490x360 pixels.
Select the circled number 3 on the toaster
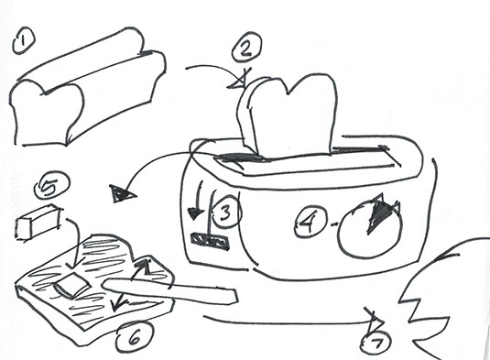(x=226, y=213)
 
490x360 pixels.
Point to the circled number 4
(x=310, y=223)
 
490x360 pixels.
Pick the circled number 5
(x=52, y=185)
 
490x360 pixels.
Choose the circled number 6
(x=134, y=337)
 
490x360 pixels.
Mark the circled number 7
(x=376, y=344)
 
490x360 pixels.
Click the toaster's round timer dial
(x=370, y=230)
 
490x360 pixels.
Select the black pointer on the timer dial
(x=379, y=215)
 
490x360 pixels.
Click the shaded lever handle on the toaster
(x=210, y=241)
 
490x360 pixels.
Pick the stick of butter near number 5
(x=38, y=222)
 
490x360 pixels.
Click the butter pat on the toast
(x=71, y=284)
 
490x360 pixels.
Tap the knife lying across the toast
(x=170, y=290)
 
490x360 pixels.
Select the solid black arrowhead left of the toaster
(x=121, y=194)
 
